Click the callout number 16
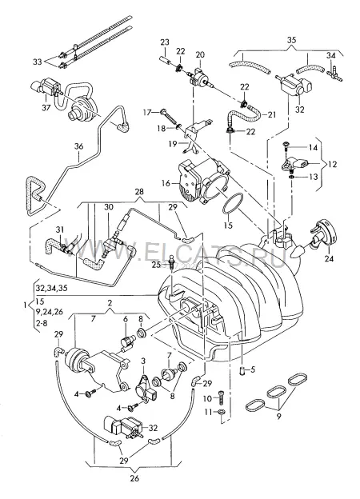click(x=166, y=183)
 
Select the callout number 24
click(x=329, y=259)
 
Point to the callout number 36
click(x=78, y=146)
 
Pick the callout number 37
click(x=46, y=108)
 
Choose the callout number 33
click(x=38, y=62)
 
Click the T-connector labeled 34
click(x=334, y=74)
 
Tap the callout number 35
click(x=291, y=40)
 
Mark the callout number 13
click(x=314, y=177)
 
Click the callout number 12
click(x=332, y=165)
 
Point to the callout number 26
click(x=134, y=478)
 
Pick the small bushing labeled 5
click(x=243, y=370)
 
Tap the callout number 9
click(x=279, y=417)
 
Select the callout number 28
click(x=139, y=192)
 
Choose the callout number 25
click(x=156, y=265)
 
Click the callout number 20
click(x=200, y=54)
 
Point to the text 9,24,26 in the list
click(x=50, y=312)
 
